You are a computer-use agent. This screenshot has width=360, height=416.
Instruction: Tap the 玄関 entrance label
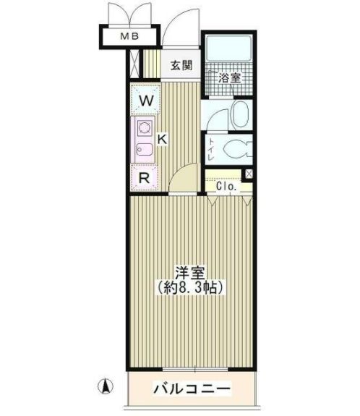tap(181, 65)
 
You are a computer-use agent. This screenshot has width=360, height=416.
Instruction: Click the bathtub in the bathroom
tap(228, 52)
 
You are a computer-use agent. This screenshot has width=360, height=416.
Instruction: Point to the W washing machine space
tap(145, 101)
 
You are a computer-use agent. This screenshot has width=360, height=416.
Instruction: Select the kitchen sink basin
tap(143, 150)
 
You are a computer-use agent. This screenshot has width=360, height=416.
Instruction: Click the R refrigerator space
tap(145, 177)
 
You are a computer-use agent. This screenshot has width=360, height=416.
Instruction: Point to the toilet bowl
tap(236, 150)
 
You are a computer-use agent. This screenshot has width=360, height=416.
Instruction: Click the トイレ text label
tap(211, 148)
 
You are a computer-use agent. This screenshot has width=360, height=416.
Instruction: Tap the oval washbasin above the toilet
tap(239, 113)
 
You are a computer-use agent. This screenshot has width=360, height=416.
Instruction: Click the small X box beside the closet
tap(247, 174)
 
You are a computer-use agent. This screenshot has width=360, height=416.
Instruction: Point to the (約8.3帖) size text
tap(192, 287)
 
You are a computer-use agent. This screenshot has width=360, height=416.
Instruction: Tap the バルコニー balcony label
tap(192, 390)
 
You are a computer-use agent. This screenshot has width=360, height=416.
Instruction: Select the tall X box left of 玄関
tap(135, 64)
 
